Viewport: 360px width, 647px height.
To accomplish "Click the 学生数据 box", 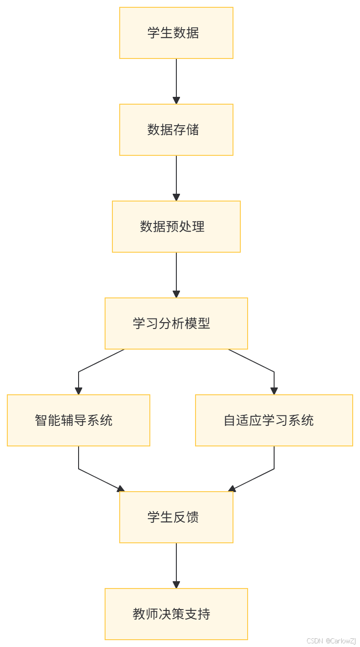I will coord(176,33).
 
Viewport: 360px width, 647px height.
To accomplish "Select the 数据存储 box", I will coord(176,130).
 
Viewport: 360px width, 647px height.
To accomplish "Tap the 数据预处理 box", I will coord(176,227).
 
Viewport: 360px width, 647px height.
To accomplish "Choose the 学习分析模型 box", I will coord(176,323).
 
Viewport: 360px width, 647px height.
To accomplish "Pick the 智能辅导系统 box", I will coord(79,420).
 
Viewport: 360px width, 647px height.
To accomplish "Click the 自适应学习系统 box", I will coord(274,420).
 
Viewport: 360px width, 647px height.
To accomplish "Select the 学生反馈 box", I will coord(176,517).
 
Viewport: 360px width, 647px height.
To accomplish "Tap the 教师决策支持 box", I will coord(176,614).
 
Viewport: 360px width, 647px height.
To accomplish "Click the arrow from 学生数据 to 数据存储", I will coord(176,80).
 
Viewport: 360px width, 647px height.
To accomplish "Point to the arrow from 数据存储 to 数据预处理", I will coord(176,177).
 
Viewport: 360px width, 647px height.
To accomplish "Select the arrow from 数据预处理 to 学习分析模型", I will coord(176,274).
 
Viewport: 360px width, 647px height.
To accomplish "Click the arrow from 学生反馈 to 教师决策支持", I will coord(176,565).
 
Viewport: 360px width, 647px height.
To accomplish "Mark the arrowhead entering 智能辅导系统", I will coord(79,391).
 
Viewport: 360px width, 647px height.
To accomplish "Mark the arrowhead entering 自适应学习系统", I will coord(274,391).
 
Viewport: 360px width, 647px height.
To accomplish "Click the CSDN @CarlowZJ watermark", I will coord(330,641).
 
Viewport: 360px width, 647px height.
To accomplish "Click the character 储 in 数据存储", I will coord(192,130).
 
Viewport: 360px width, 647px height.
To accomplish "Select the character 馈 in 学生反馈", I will coord(192,517).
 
